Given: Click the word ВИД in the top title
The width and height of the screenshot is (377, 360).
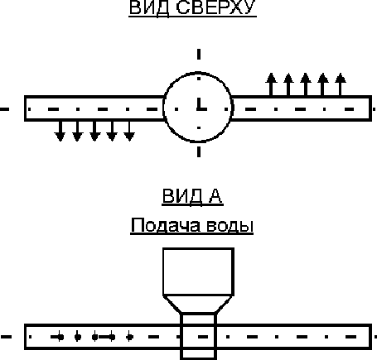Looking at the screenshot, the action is [x=149, y=7].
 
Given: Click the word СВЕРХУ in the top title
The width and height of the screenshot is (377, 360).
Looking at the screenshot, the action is [x=215, y=7].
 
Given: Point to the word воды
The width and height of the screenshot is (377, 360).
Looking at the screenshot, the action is [x=230, y=226].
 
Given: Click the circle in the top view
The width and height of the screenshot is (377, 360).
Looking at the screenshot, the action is [x=164, y=108].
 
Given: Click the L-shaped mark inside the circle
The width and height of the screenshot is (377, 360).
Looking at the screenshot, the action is [x=201, y=104].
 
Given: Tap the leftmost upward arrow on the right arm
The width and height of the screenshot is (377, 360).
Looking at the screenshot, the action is [x=271, y=84].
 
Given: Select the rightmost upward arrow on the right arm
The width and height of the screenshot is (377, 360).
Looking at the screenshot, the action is [x=341, y=84].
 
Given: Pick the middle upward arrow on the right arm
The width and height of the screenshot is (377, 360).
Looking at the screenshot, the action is [x=306, y=84].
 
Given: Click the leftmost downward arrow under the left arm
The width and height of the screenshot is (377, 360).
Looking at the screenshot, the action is [x=60, y=131].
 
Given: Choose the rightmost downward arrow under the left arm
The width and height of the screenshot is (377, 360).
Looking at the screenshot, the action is [x=129, y=131].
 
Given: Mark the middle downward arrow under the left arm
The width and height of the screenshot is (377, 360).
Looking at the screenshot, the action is [x=94, y=131].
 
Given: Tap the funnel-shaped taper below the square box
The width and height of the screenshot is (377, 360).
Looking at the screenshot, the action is [x=199, y=305].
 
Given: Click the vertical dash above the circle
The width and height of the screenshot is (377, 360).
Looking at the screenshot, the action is [x=199, y=54].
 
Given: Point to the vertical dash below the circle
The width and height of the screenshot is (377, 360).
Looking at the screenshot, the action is [x=199, y=152].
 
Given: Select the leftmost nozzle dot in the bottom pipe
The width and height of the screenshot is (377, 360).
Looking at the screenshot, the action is [x=60, y=337].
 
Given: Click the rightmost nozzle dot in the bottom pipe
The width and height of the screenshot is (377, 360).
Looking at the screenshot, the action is [x=129, y=337].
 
